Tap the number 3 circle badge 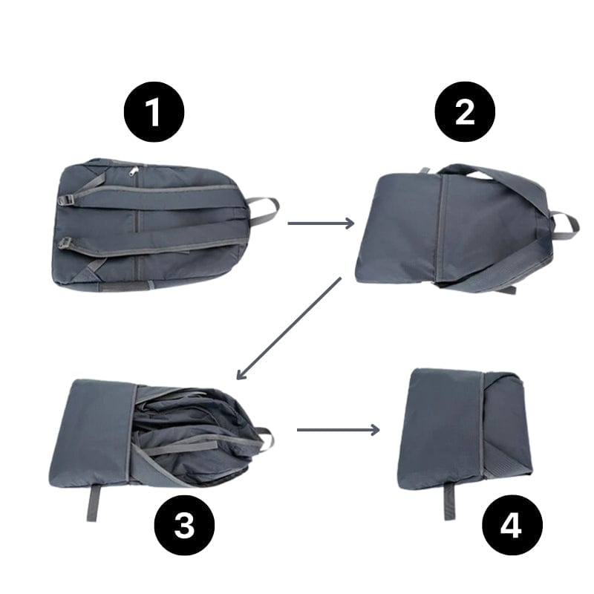pyautogui.click(x=184, y=526)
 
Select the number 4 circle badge pyautogui.click(x=512, y=526)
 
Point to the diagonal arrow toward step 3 pyautogui.click(x=287, y=328)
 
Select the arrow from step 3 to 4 pyautogui.click(x=338, y=429)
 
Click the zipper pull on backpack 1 pyautogui.click(x=134, y=172)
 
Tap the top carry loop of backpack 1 pyautogui.click(x=264, y=210)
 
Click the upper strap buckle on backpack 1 pyautogui.click(x=66, y=200)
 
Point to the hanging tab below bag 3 pyautogui.click(x=92, y=503)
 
